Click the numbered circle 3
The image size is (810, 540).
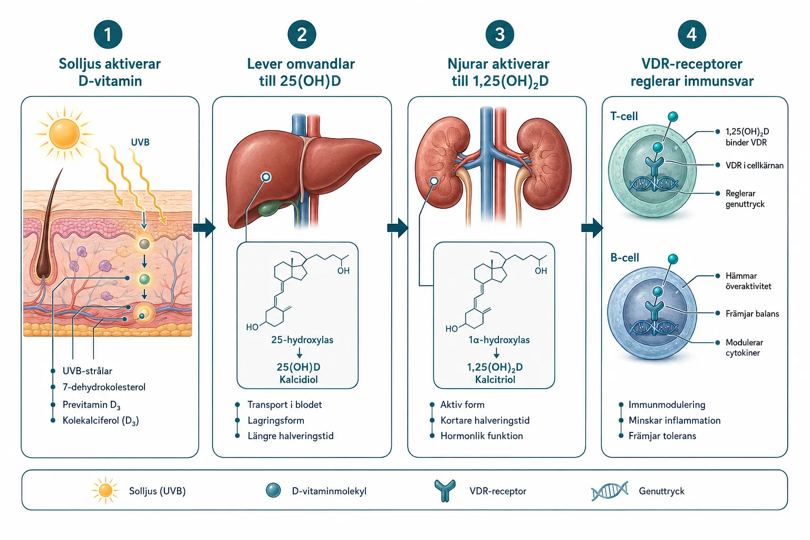[x=499, y=34]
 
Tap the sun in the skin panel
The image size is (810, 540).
[x=64, y=133]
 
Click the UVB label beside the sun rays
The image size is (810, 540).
[x=140, y=142]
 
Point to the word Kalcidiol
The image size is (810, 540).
[x=298, y=379]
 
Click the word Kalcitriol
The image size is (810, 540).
[x=495, y=379]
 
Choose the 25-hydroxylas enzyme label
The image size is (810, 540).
[x=302, y=340]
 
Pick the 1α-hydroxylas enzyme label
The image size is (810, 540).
[x=499, y=340]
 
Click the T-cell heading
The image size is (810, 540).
[x=624, y=116]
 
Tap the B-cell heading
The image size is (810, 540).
[x=624, y=257]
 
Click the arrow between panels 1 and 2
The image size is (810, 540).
[x=204, y=227]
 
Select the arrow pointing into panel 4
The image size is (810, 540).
[x=592, y=227]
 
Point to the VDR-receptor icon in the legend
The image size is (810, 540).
[x=445, y=491]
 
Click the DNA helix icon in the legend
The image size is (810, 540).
[x=610, y=491]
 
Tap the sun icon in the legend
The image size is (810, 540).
[x=105, y=490]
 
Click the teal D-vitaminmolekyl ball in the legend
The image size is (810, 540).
[x=273, y=490]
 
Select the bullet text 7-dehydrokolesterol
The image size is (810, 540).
[x=104, y=387]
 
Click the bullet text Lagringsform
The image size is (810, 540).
[x=276, y=420]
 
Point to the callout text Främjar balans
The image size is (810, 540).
[x=752, y=314]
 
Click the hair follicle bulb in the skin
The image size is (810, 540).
[x=44, y=268]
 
